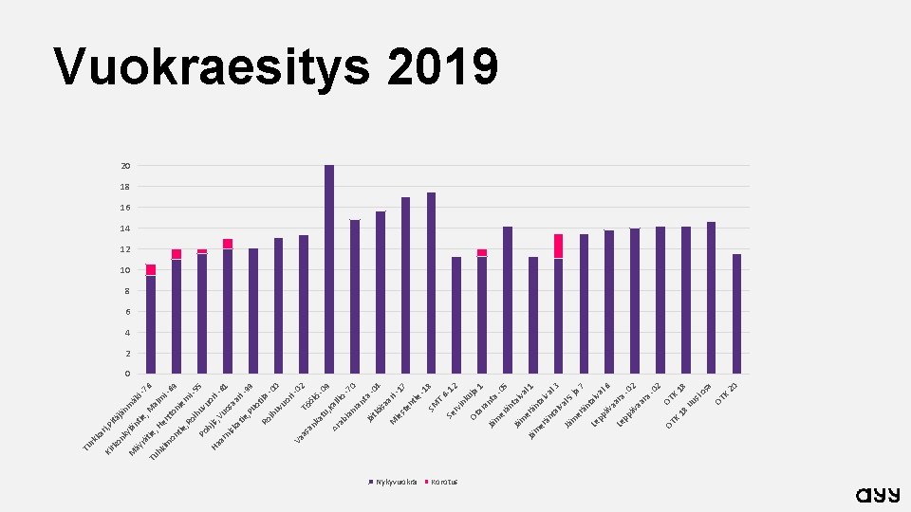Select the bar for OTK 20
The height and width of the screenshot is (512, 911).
[x=736, y=313]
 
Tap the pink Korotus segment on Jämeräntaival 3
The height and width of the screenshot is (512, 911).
[x=559, y=246]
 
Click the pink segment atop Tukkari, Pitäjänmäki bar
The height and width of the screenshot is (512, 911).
[x=151, y=269]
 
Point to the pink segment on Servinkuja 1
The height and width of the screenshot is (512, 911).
[x=482, y=252]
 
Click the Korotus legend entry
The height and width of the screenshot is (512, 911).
[x=441, y=482]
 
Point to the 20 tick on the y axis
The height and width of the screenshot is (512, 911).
[x=125, y=166]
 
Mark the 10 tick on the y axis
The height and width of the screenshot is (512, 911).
[x=125, y=270]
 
